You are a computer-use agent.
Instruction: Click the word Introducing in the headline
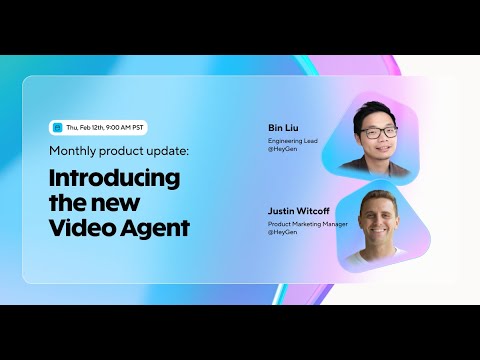pos(114,179)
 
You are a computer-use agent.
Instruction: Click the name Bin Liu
pos(283,129)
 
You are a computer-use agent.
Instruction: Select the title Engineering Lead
pos(291,142)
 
